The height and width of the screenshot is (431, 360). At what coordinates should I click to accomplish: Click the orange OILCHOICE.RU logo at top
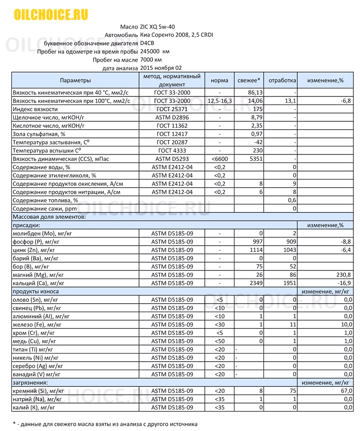pyautogui.click(x=51, y=15)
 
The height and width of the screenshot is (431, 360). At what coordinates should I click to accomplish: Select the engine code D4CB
pyautogui.click(x=148, y=43)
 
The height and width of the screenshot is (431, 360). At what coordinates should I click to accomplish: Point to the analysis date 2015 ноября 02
pyautogui.click(x=161, y=68)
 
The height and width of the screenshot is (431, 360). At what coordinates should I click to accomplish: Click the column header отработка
pyautogui.click(x=282, y=80)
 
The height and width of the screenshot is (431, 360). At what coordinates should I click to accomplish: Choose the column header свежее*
pyautogui.click(x=249, y=80)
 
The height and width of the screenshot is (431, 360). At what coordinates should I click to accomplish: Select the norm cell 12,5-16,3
pyautogui.click(x=219, y=101)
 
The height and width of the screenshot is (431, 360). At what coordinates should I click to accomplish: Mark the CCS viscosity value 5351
pyautogui.click(x=256, y=159)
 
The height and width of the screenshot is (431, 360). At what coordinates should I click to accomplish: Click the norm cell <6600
pyautogui.click(x=219, y=159)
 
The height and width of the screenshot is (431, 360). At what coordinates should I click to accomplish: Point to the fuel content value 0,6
pyautogui.click(x=292, y=200)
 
